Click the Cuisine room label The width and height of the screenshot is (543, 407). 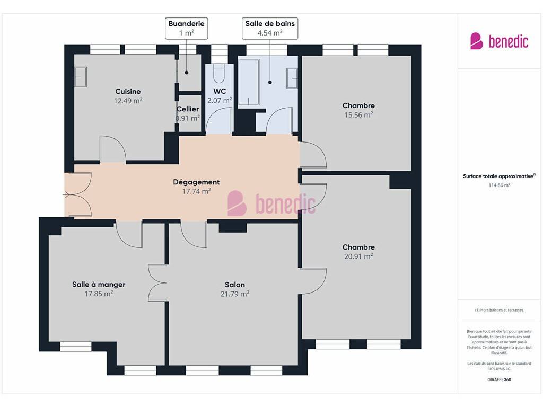(x=128, y=91)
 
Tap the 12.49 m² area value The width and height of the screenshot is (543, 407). (x=128, y=101)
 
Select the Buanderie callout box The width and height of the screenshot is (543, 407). (x=186, y=29)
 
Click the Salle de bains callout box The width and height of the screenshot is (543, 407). (x=270, y=29)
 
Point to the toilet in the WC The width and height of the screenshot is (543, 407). (x=219, y=73)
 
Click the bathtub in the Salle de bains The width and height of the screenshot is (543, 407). (x=249, y=82)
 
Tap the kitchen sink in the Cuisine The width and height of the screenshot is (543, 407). (x=81, y=77)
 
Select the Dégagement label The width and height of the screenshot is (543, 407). (x=196, y=182)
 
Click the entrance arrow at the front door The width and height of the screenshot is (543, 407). (x=66, y=195)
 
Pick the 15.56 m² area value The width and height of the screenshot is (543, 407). (x=358, y=115)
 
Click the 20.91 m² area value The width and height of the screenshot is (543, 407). (x=358, y=256)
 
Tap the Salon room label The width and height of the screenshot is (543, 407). (x=235, y=285)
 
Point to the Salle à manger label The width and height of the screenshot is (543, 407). (x=99, y=285)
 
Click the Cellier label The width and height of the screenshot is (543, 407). (x=188, y=109)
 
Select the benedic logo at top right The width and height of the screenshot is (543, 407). (x=499, y=41)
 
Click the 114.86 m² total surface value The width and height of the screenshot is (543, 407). (x=499, y=185)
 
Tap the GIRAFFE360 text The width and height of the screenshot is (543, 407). (x=499, y=379)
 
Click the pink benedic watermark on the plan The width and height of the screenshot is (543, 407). (x=271, y=203)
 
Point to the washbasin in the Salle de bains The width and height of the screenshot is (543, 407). (x=292, y=78)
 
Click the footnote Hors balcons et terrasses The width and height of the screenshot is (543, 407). (x=499, y=310)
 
